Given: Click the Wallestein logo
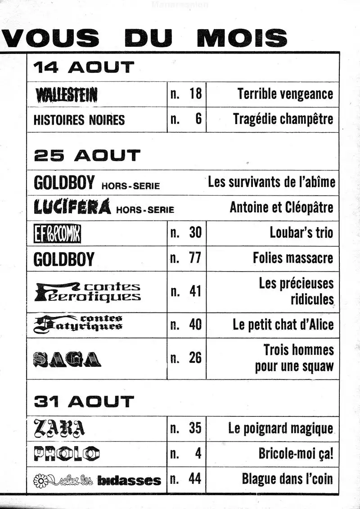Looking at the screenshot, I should pyautogui.click(x=66, y=94).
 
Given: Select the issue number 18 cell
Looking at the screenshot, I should pyautogui.click(x=186, y=94).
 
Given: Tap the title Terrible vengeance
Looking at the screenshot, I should pyautogui.click(x=285, y=94).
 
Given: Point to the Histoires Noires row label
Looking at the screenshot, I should pyautogui.click(x=79, y=120).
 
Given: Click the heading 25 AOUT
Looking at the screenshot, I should pyautogui.click(x=87, y=156).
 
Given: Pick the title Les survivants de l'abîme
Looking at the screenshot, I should pyautogui.click(x=271, y=182).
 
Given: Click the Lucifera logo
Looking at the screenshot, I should pyautogui.click(x=72, y=207).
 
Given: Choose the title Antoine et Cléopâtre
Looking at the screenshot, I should pyautogui.click(x=281, y=207).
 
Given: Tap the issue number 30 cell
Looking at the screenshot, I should pyautogui.click(x=186, y=233).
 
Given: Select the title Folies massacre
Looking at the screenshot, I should pyautogui.click(x=293, y=258).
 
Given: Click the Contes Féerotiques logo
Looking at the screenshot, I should pyautogui.click(x=87, y=292).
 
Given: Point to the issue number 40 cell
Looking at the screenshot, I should pyautogui.click(x=186, y=325).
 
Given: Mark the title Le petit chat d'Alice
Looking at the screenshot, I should pyautogui.click(x=283, y=325).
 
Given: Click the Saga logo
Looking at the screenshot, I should pyautogui.click(x=67, y=359).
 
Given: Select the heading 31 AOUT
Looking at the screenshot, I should pyautogui.click(x=84, y=402).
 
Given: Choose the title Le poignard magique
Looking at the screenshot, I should pyautogui.click(x=280, y=429).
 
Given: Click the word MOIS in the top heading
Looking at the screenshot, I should pyautogui.click(x=242, y=38).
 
